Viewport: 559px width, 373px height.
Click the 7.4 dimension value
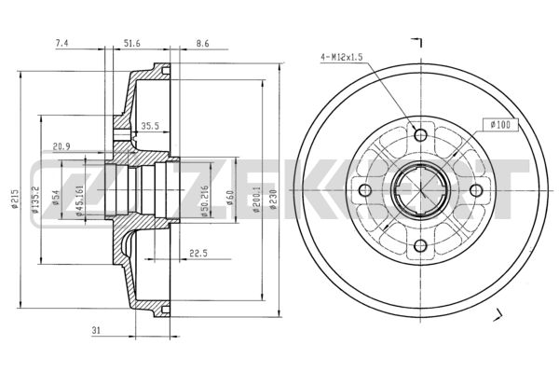[x=62, y=43]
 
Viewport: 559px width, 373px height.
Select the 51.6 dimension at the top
[x=131, y=43]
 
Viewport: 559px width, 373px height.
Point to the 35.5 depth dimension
[x=149, y=126]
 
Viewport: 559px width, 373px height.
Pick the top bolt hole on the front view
[x=420, y=135]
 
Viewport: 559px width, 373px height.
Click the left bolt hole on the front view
[x=365, y=191]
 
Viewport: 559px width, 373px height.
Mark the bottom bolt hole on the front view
[x=420, y=246]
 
